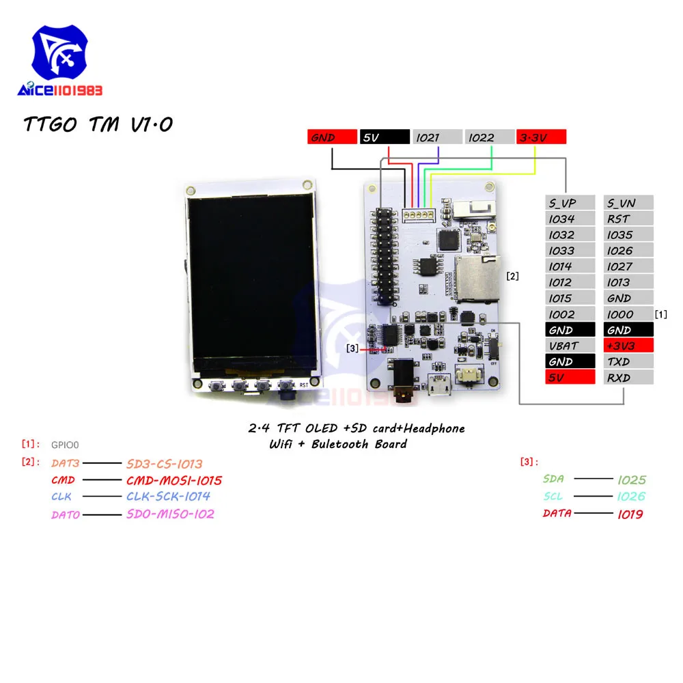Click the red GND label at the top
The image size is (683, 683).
(x=332, y=137)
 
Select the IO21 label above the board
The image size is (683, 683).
(x=436, y=137)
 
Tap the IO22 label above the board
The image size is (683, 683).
(x=490, y=137)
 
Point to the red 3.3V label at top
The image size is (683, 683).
(x=541, y=137)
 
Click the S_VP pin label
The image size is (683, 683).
(x=570, y=203)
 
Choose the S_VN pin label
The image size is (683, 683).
(x=628, y=203)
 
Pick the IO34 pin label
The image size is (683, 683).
(x=570, y=219)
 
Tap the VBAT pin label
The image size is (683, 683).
(x=570, y=346)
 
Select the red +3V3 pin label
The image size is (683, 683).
(x=628, y=346)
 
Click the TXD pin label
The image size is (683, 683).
(x=628, y=362)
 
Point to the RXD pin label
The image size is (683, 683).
(x=628, y=378)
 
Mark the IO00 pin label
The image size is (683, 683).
(x=628, y=315)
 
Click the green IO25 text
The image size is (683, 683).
(x=631, y=480)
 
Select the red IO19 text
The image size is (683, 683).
(x=629, y=514)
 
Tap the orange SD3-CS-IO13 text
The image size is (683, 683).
(x=165, y=464)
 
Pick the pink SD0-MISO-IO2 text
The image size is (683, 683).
(x=170, y=514)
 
